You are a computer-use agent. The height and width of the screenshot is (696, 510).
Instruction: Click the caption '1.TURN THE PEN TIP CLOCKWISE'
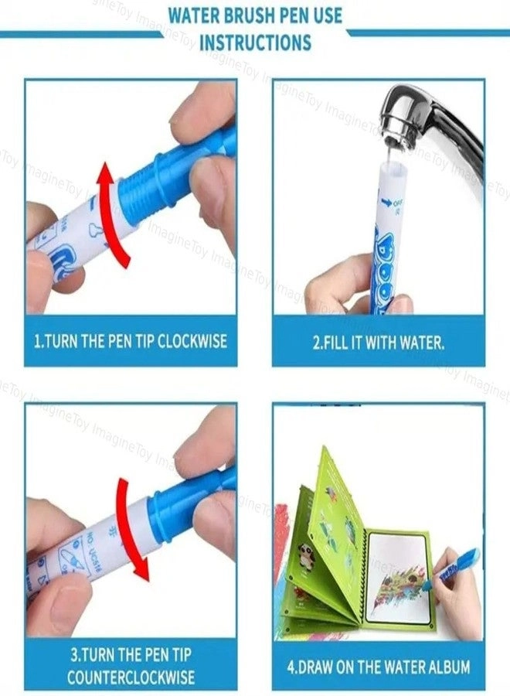131,341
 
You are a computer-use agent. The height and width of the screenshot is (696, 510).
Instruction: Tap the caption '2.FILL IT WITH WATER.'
379,341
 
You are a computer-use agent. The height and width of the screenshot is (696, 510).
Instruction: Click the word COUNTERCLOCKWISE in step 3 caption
131,677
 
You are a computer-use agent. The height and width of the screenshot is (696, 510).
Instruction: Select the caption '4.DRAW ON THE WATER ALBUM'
379,666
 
